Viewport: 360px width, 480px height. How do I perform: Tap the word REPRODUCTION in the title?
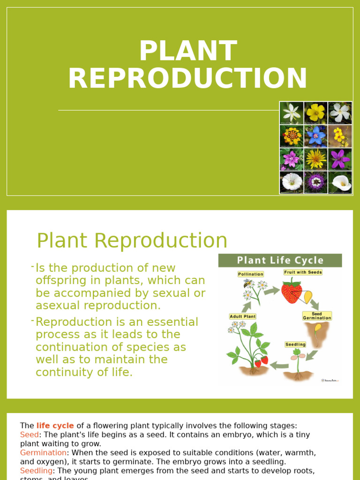coord(188,78)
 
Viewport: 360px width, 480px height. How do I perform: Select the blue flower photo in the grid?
coord(316,136)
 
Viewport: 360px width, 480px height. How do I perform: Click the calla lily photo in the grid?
coord(340,182)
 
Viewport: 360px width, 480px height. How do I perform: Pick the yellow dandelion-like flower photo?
coord(316,159)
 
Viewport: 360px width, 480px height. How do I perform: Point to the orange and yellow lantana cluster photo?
coord(292,136)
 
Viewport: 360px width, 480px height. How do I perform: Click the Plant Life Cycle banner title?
coord(280,261)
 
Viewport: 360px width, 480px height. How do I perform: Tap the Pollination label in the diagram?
coord(251,274)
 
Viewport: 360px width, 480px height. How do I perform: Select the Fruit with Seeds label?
coord(303,272)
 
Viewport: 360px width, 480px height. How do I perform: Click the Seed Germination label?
coord(317,315)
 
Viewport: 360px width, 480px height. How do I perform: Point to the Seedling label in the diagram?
coord(295,345)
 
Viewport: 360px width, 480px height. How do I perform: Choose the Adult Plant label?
coord(243,316)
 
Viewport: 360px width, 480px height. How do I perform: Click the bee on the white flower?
coord(248,284)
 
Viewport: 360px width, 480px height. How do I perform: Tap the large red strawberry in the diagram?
coord(291,292)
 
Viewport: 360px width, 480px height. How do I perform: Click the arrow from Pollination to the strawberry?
coord(272,291)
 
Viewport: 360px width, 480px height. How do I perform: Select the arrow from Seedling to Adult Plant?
coord(280,365)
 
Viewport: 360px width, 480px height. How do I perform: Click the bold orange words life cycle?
coord(55,426)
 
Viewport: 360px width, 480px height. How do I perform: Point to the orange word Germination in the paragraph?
coord(43,453)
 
